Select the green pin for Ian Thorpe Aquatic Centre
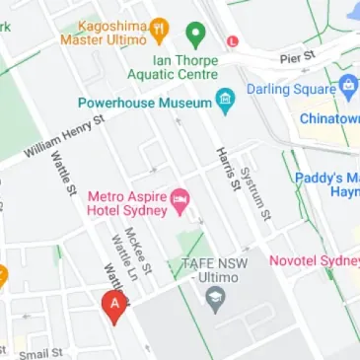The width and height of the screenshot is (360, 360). coord(195,36)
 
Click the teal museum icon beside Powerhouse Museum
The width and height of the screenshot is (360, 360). coord(225,101)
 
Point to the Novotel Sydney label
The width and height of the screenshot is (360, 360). coord(316,261)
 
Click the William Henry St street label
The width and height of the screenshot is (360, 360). coord(63,140)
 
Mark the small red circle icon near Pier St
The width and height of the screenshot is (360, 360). coord(232,41)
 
